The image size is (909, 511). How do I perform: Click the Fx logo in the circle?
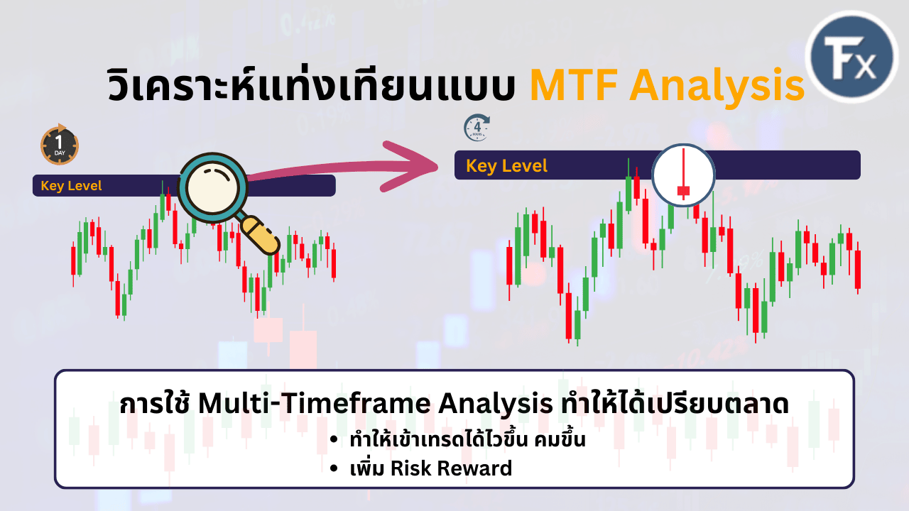(852, 57)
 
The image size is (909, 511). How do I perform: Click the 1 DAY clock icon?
(60, 144)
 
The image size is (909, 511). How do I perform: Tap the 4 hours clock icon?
(477, 128)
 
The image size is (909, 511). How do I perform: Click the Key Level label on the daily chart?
(71, 186)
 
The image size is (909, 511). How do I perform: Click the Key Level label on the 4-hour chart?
(506, 166)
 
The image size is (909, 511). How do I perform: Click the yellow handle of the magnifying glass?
(260, 236)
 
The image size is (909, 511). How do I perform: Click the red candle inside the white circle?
(683, 189)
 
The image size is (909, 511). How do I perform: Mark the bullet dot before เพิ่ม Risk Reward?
(334, 468)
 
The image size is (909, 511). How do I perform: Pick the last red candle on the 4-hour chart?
(858, 269)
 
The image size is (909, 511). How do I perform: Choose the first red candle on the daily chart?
(72, 260)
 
